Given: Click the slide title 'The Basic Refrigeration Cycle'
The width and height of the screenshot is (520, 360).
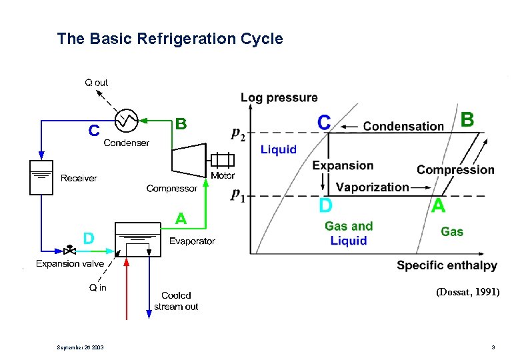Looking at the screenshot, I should [x=170, y=39].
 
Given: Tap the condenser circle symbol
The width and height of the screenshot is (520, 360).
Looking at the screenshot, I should [x=126, y=121].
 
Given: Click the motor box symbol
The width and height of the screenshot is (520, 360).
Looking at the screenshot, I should [x=223, y=160].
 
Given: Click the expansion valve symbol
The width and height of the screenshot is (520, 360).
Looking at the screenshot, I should [x=69, y=251].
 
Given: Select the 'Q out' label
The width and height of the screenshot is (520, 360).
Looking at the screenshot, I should [x=96, y=83].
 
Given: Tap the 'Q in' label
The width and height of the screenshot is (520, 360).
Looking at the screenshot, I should [x=97, y=287].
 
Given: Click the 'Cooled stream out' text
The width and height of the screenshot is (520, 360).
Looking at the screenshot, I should [x=176, y=301].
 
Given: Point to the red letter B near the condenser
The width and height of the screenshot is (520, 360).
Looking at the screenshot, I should [x=180, y=124].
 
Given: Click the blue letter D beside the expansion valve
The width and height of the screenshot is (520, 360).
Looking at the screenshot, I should [x=88, y=238].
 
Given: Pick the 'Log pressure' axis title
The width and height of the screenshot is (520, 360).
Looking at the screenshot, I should [x=279, y=98].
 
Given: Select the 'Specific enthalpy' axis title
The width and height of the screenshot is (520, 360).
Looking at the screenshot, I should [x=447, y=265].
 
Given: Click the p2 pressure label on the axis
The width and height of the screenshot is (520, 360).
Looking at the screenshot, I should [x=237, y=133].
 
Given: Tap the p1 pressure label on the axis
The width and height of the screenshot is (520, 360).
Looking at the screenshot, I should [x=237, y=195].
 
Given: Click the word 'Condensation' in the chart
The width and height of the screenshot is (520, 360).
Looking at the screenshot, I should [x=403, y=126].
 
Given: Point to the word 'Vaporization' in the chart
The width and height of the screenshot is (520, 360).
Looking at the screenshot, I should [x=372, y=187].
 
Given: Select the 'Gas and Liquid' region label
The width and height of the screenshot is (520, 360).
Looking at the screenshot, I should [x=349, y=233].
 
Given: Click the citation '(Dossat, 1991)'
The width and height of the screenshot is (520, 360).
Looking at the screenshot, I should [x=467, y=292].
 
